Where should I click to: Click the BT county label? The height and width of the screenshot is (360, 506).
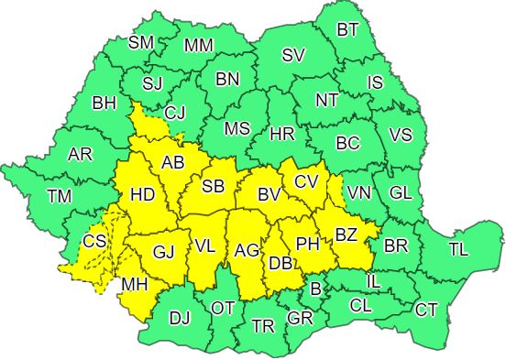point(347,29)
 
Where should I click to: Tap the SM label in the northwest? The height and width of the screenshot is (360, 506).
point(141,42)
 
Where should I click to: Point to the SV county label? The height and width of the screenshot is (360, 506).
point(292,56)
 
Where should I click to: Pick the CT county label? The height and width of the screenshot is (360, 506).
point(426,310)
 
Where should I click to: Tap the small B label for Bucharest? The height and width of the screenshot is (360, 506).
point(316,289)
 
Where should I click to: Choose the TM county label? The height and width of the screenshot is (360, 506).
point(60,195)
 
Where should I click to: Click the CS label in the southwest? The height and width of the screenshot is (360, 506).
point(93,242)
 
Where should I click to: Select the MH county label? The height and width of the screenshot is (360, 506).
point(135,285)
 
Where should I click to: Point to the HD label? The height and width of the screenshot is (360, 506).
point(142,195)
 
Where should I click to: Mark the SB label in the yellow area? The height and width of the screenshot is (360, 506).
point(213,187)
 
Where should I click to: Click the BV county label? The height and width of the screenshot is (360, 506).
point(268,195)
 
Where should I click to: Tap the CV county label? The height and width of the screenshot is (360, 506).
point(306,182)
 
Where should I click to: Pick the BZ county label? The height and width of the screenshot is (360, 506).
point(346,235)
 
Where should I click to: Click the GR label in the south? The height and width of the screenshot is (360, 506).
point(300,318)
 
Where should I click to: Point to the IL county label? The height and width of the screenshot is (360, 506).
point(373,281)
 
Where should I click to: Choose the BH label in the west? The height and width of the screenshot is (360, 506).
point(104,103)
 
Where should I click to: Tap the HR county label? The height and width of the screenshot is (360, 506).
point(282,135)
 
